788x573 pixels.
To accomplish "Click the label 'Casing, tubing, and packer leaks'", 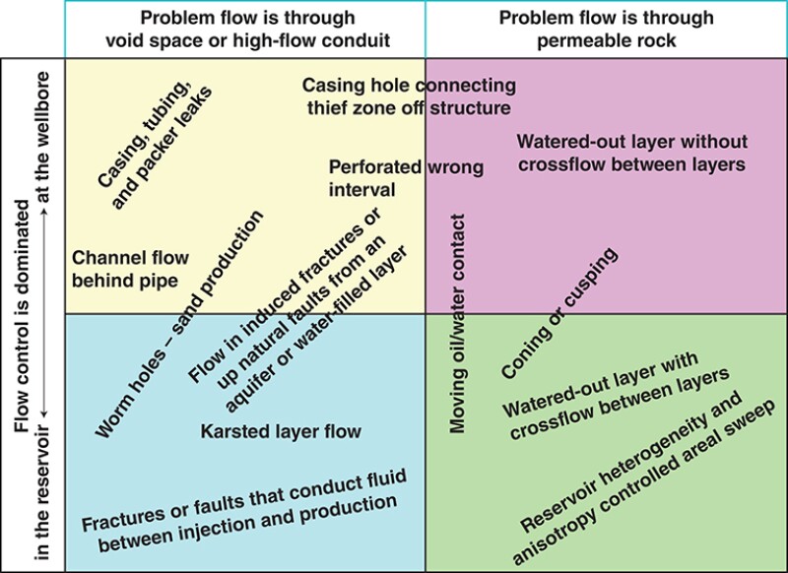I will pyautogui.click(x=155, y=138).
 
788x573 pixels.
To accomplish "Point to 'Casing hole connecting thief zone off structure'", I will pyautogui.click(x=408, y=96).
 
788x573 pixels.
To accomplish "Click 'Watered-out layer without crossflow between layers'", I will pyautogui.click(x=631, y=153).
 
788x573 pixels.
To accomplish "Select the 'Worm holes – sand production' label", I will pyautogui.click(x=179, y=325).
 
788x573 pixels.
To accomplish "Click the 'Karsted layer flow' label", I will pyautogui.click(x=281, y=431).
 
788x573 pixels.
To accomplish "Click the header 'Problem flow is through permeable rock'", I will pyautogui.click(x=606, y=30).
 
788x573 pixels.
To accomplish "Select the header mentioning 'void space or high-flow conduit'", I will pyautogui.click(x=245, y=30).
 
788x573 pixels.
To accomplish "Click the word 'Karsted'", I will pyautogui.click(x=232, y=431).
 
